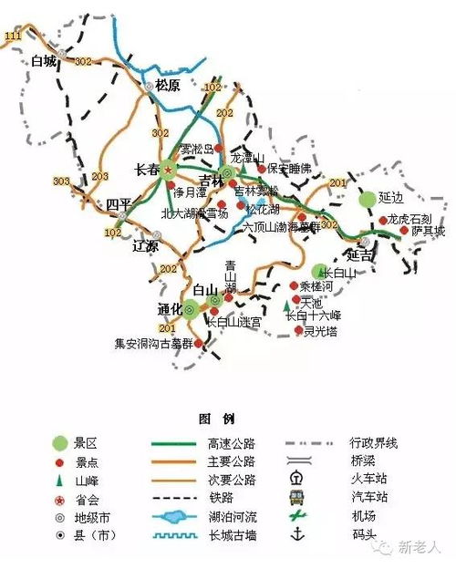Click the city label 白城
tap(43, 62)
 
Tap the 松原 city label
tap(169, 85)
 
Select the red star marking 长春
tap(168, 169)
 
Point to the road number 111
tap(13, 36)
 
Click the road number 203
tap(100, 175)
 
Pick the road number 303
tap(61, 181)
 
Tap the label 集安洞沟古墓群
tap(152, 344)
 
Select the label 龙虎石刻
tap(406, 220)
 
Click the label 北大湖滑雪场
tap(194, 213)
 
